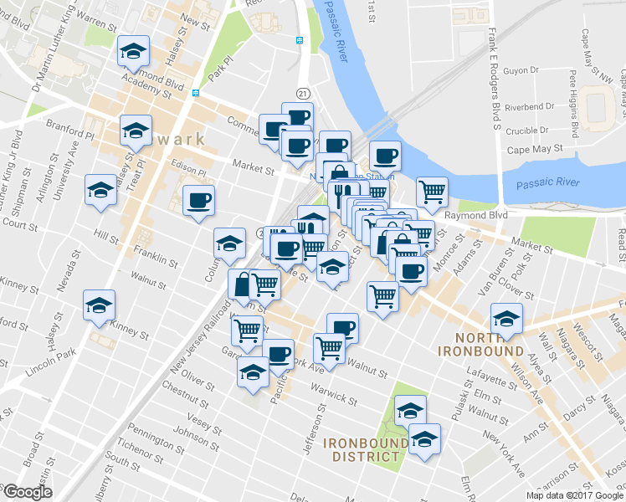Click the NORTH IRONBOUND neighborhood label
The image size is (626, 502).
[480, 344]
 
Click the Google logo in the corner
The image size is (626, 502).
[28, 492]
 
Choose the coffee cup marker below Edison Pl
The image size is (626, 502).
[198, 201]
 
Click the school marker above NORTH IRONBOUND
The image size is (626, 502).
[506, 319]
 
